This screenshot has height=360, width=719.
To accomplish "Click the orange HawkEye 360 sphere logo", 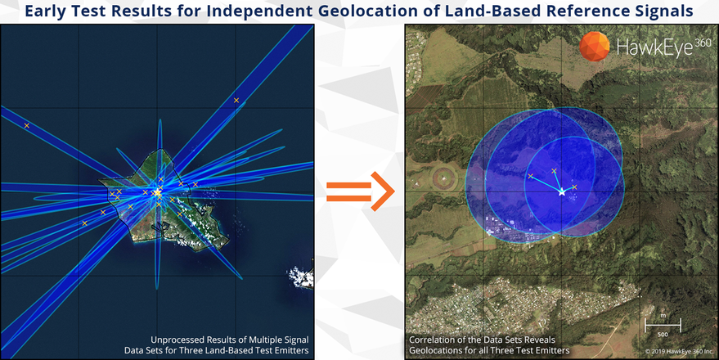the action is (x=595, y=47).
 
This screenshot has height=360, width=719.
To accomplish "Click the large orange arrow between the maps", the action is (x=361, y=191).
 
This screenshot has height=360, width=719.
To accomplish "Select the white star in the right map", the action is (x=562, y=192).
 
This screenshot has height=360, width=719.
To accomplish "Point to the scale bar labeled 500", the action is (x=663, y=325).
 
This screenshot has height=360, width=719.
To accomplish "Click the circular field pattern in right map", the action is (x=444, y=177).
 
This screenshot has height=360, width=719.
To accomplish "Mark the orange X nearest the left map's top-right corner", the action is (x=236, y=100).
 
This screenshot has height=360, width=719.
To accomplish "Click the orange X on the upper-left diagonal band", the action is (x=27, y=126).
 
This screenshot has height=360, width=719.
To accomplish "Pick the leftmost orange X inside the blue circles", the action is (x=531, y=176).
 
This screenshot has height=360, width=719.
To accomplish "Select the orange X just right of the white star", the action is (x=574, y=187).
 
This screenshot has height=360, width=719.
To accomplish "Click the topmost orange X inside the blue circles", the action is (x=554, y=171).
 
